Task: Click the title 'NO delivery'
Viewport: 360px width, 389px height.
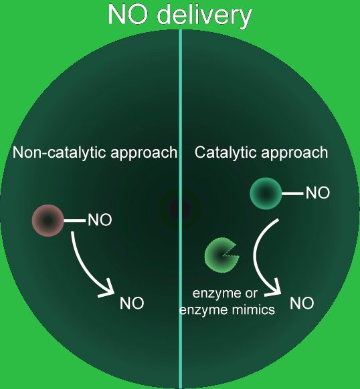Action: tap(180, 15)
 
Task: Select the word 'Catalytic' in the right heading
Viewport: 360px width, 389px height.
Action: tap(226, 152)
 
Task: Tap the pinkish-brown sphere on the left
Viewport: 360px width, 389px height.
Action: tap(48, 221)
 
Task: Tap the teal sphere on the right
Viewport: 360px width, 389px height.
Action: tap(266, 194)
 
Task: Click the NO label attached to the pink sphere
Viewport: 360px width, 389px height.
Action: tap(100, 220)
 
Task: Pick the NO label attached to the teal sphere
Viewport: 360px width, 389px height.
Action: tap(318, 193)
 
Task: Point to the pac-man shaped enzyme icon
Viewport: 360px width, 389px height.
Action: tap(221, 255)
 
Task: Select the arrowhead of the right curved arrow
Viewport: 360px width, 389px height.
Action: tap(275, 289)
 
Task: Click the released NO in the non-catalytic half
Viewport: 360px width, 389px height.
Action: tap(132, 303)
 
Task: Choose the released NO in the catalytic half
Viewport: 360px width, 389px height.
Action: tap(302, 303)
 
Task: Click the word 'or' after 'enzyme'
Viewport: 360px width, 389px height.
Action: tap(252, 294)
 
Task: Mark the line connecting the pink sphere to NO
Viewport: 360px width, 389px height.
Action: tap(74, 221)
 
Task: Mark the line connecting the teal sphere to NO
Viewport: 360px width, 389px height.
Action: tap(292, 194)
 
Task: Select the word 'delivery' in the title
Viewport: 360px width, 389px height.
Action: tap(205, 16)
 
